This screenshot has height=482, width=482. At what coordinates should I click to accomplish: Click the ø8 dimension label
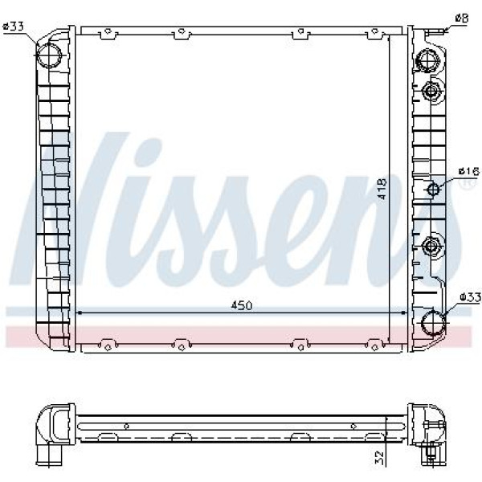click(462, 18)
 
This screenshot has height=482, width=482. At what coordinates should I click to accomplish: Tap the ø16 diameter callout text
click(469, 171)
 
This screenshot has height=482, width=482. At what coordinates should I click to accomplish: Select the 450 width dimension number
click(242, 305)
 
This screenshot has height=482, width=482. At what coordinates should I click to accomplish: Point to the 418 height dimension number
click(382, 189)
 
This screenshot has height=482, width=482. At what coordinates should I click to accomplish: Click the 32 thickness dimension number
click(380, 457)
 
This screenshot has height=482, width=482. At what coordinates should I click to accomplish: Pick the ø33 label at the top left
click(13, 27)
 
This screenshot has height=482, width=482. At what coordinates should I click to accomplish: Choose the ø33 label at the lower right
click(470, 297)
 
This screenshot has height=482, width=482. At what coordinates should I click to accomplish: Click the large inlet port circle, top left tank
click(49, 55)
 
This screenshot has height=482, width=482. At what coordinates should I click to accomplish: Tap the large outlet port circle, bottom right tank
click(433, 323)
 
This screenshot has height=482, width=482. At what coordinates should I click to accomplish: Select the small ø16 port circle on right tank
click(433, 189)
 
